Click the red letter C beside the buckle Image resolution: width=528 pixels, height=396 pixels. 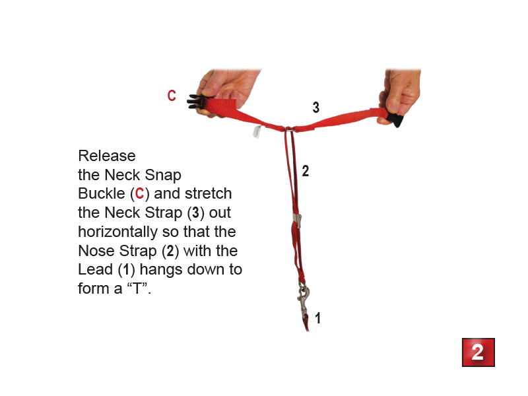(172, 95)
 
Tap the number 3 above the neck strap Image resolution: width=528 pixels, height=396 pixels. (316, 108)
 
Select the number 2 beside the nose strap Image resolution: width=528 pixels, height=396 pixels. (306, 171)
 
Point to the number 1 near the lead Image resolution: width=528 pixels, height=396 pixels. (318, 318)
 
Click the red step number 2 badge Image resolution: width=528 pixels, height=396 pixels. (478, 352)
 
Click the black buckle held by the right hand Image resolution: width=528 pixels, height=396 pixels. (394, 119)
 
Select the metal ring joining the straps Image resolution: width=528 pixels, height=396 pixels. (289, 129)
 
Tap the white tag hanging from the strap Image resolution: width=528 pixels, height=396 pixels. (257, 131)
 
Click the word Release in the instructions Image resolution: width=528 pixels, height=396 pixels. (107, 156)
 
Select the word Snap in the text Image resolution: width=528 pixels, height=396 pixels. (163, 176)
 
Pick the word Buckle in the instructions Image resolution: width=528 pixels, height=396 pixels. (102, 193)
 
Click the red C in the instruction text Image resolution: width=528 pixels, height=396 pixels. (139, 194)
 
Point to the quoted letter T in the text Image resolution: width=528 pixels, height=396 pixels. (137, 288)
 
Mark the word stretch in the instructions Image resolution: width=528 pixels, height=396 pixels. (209, 193)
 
